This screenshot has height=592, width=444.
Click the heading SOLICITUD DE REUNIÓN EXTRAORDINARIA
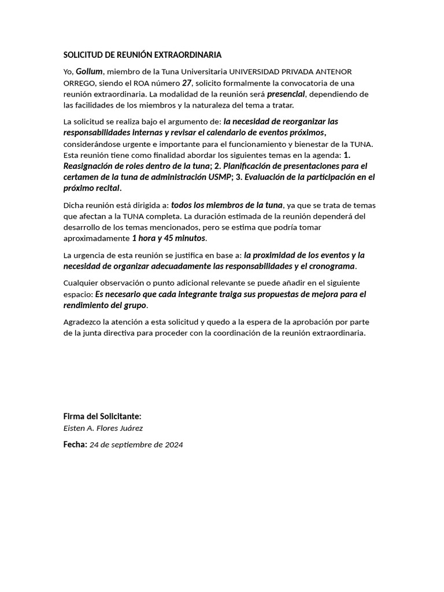(142, 55)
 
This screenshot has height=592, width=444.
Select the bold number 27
(186, 83)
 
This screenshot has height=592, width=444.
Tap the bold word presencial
(286, 94)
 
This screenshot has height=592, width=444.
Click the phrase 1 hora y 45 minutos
(169, 238)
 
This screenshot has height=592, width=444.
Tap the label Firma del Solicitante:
(102, 416)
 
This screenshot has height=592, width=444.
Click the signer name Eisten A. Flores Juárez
(103, 428)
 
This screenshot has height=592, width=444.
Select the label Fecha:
(75, 444)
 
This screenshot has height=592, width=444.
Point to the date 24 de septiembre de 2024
(136, 445)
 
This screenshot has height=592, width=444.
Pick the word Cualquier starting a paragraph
(82, 283)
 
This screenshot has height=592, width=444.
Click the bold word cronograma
(330, 266)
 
